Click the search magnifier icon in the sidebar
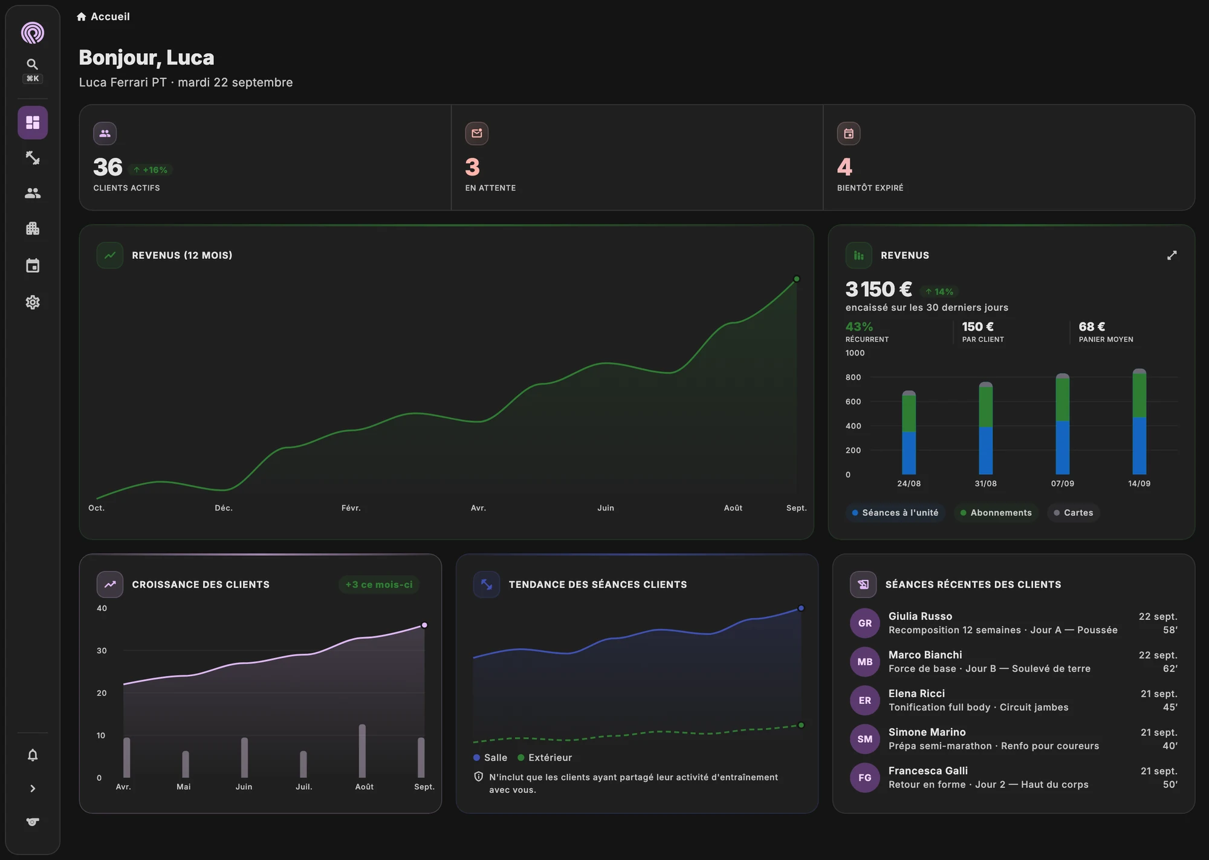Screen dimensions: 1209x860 click(x=33, y=64)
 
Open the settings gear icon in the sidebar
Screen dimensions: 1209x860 click(x=33, y=302)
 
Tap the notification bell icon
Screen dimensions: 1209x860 click(x=33, y=755)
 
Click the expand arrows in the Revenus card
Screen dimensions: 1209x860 click(x=1172, y=255)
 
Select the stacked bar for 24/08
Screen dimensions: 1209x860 click(x=909, y=432)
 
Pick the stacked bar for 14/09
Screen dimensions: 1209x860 click(x=1139, y=422)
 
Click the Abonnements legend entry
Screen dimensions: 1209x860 click(x=996, y=513)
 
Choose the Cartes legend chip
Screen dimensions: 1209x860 click(x=1073, y=513)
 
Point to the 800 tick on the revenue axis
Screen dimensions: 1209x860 click(x=853, y=377)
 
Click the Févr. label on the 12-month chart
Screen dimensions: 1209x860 click(x=351, y=508)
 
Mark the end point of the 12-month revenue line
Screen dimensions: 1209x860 click(x=796, y=279)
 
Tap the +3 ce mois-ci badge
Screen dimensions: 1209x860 click(x=379, y=585)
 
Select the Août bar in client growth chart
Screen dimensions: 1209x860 click(x=362, y=751)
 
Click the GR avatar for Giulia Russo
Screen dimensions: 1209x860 click(x=865, y=623)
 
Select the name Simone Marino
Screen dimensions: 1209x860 click(x=927, y=732)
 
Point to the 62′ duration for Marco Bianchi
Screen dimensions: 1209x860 click(x=1170, y=669)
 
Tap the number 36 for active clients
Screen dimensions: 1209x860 click(x=108, y=167)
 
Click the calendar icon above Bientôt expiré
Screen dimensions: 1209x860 click(x=848, y=134)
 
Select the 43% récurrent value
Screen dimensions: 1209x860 click(x=859, y=327)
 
